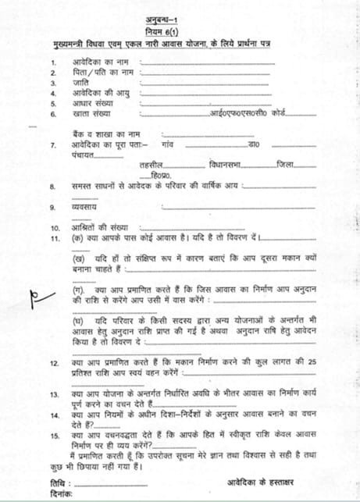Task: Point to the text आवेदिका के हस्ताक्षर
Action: click(x=267, y=482)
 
